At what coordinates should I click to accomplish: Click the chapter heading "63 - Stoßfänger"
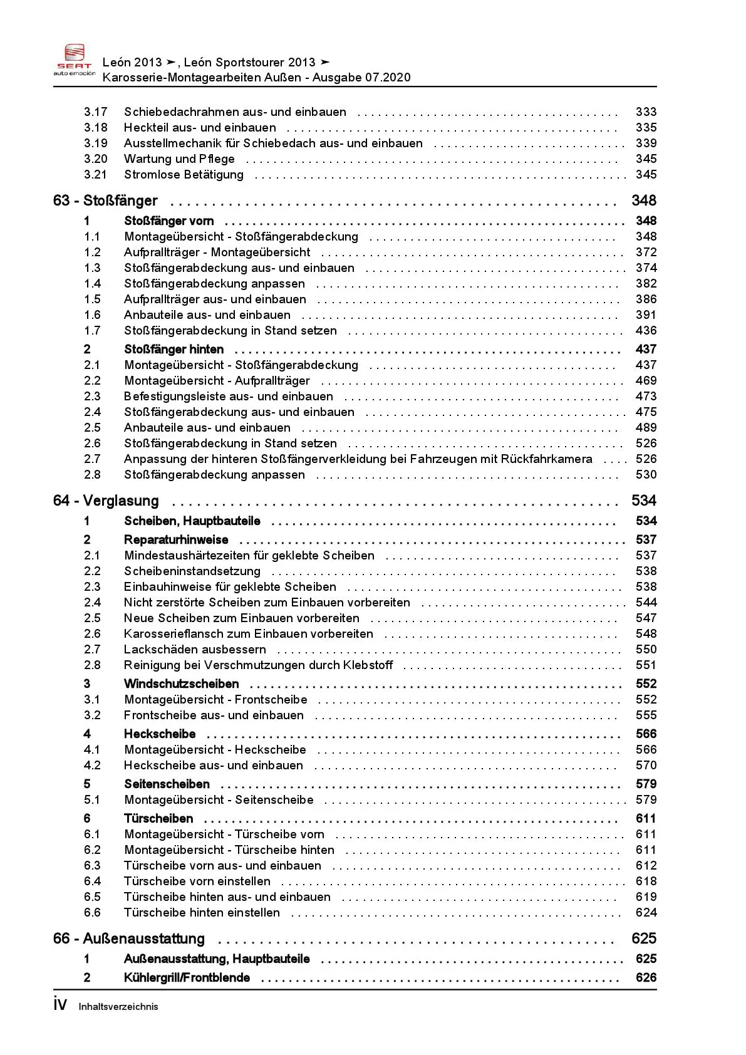pos(105,201)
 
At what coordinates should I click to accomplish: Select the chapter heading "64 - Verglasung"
pos(106,501)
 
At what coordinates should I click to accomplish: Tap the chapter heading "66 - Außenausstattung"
pos(129,939)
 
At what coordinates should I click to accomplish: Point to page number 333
pos(646,112)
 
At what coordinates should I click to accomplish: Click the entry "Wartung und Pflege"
pos(179,159)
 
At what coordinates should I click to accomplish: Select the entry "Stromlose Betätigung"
pos(184,175)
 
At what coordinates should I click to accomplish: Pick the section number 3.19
pos(96,143)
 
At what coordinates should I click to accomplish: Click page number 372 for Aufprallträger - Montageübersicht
pos(646,252)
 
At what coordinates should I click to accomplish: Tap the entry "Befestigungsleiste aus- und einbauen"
pos(228,397)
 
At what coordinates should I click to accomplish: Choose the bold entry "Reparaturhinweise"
pos(176,540)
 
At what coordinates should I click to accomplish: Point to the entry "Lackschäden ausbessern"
pos(195,650)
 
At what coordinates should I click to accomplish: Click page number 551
pos(646,665)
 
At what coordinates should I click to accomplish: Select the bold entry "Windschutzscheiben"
pos(182,684)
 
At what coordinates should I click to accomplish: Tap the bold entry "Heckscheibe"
pos(160,734)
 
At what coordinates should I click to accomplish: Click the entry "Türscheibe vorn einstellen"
pos(197,881)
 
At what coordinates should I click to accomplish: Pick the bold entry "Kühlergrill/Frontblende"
pos(187,978)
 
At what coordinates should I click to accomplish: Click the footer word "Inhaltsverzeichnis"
pos(118,1007)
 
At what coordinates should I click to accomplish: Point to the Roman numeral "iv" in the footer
pos(60,1005)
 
